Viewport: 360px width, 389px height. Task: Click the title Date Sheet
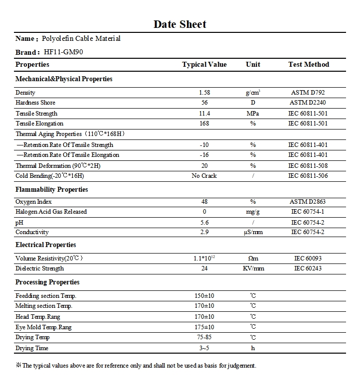180,24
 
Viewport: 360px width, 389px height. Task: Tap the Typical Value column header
204,64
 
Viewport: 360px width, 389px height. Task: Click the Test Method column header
309,64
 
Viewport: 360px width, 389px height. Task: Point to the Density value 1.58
204,93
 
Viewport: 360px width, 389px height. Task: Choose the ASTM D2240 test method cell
309,103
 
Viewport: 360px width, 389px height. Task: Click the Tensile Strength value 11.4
204,114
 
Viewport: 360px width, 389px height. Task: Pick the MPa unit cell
253,114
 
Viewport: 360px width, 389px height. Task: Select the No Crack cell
204,176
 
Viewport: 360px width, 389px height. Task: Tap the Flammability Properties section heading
52,190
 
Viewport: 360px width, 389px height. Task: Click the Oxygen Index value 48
204,202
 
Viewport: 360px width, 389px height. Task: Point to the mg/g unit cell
253,212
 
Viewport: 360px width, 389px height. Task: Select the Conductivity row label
32,232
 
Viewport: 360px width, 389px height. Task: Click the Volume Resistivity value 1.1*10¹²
204,258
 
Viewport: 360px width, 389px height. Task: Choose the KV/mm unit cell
253,268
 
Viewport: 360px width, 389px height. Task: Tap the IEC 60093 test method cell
309,258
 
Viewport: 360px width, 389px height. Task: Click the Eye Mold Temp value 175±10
204,327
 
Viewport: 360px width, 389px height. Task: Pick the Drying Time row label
32,348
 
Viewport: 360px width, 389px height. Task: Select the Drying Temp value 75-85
204,338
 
